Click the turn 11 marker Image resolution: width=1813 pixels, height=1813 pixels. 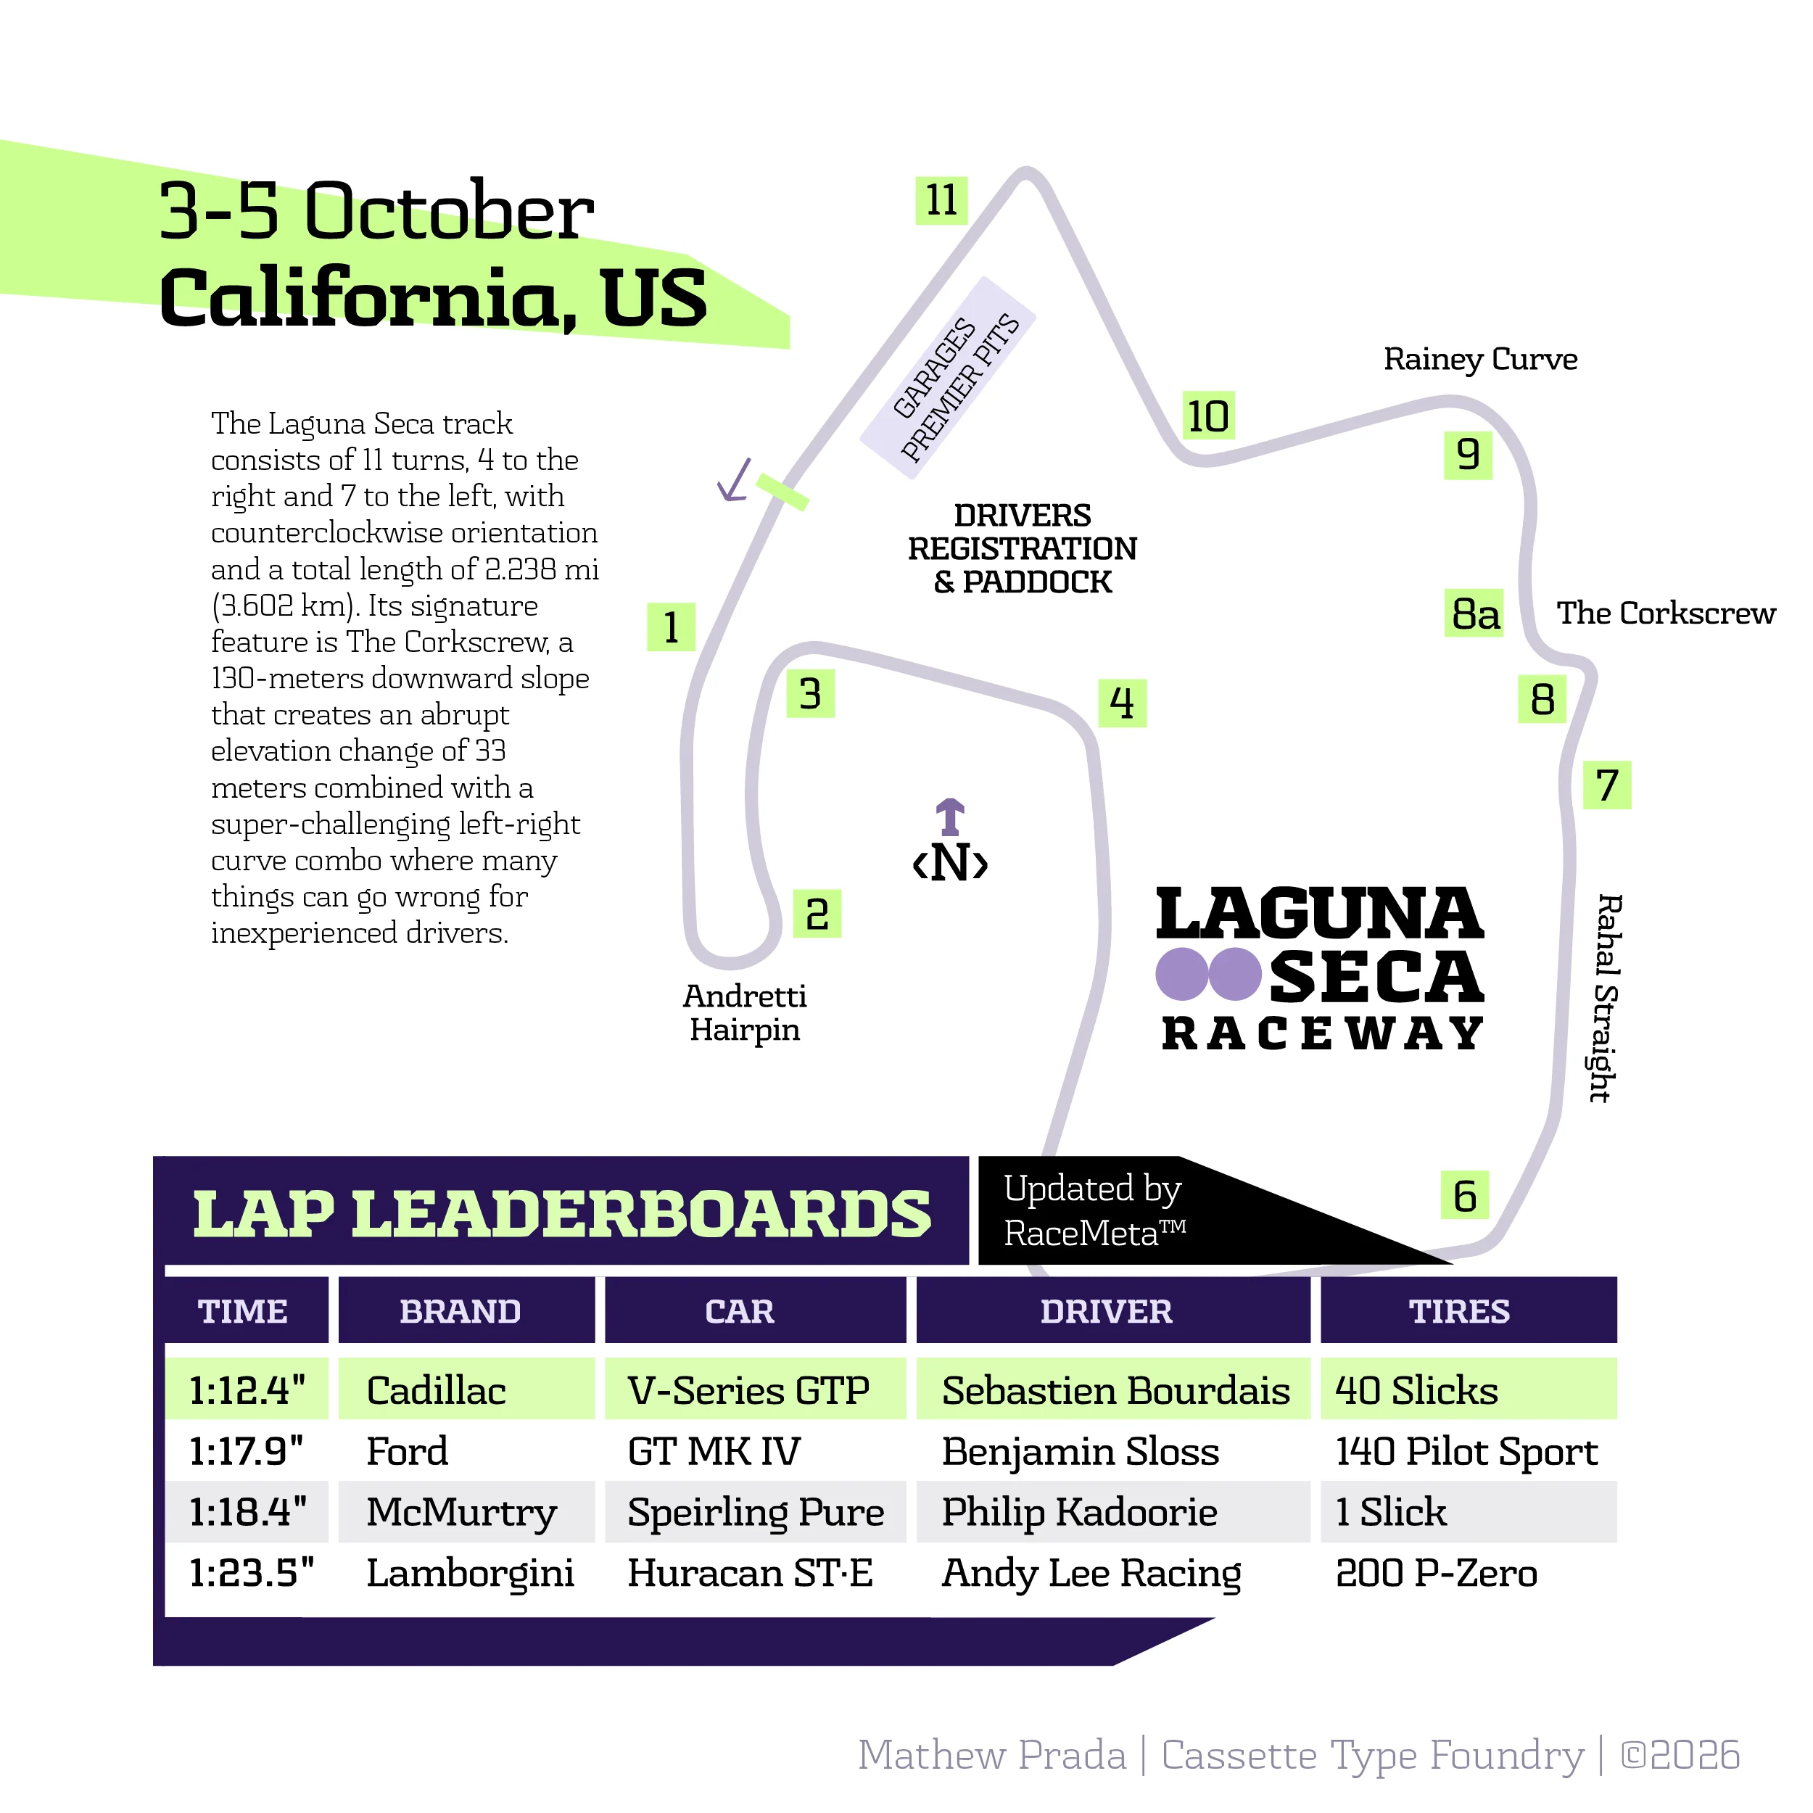pyautogui.click(x=941, y=201)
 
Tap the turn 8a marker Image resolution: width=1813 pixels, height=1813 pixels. pyautogui.click(x=1474, y=614)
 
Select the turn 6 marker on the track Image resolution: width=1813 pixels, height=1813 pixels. pyautogui.click(x=1465, y=1196)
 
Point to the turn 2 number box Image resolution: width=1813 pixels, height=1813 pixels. pyautogui.click(x=817, y=914)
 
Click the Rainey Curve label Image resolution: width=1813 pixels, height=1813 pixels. pyautogui.click(x=1480, y=360)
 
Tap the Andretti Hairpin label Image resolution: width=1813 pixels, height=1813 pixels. pyautogui.click(x=744, y=1012)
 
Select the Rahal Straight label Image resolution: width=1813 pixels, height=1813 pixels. pyautogui.click(x=1606, y=998)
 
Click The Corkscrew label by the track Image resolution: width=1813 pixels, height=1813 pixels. pyautogui.click(x=1666, y=614)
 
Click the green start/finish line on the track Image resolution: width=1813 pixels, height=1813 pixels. pyautogui.click(x=782, y=492)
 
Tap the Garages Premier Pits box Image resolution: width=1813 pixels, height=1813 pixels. pyautogui.click(x=948, y=378)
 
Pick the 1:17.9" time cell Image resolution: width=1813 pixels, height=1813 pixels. pyautogui.click(x=247, y=1451)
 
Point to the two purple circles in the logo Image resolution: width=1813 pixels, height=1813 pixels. pyautogui.click(x=1209, y=973)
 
